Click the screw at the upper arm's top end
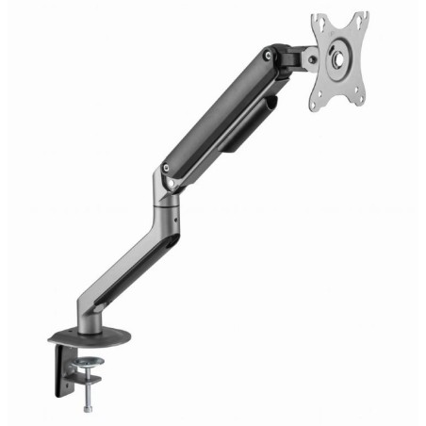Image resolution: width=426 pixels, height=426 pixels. point(271,57)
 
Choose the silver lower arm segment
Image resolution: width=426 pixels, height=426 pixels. point(132,254)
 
